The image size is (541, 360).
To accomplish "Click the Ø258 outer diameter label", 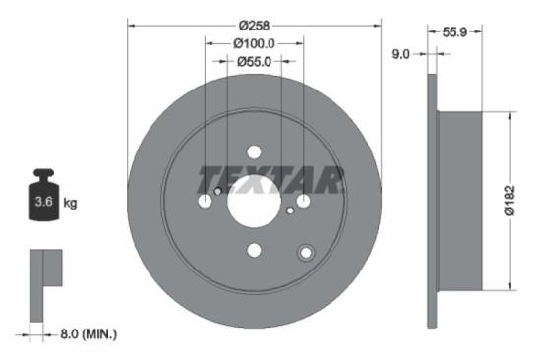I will (254, 24).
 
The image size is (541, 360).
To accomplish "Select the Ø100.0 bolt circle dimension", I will (254, 43).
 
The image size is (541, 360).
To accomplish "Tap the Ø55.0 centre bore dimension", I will (254, 61).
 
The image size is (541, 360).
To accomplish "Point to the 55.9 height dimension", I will (453, 32).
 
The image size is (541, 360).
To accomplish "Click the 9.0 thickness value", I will (400, 55).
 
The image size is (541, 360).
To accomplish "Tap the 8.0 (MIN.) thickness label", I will (86, 335).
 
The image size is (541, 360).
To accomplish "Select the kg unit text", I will (70, 204).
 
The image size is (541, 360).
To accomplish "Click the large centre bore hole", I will (254, 202).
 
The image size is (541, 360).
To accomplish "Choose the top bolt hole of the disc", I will (254, 152).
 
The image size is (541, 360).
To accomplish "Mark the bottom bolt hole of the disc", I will (254, 251).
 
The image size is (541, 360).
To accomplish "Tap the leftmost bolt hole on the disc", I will (205, 202).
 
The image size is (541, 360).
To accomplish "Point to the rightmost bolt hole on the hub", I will (303, 202).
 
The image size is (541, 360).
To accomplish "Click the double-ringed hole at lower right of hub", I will (306, 254).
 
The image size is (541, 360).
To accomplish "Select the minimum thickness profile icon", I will (44, 284).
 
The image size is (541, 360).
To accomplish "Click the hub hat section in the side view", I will (458, 201).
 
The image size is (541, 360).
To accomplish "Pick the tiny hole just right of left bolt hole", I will (218, 191).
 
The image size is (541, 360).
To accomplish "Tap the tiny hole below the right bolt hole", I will (290, 210).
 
